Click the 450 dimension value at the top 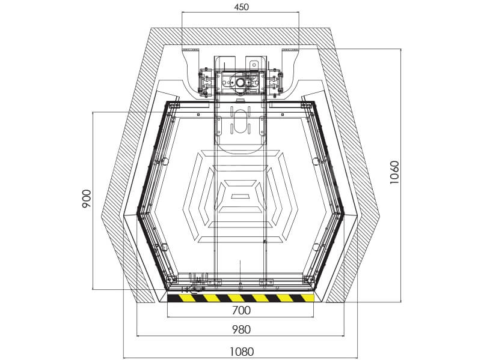[x=241, y=7]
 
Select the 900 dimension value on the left [x=87, y=199]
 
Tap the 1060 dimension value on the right [x=394, y=172]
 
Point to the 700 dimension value [x=241, y=310]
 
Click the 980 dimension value [x=241, y=329]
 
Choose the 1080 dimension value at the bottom [x=242, y=352]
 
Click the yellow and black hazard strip [x=240, y=298]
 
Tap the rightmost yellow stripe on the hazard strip [x=307, y=298]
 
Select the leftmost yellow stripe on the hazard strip [x=186, y=298]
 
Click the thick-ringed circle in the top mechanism [x=239, y=82]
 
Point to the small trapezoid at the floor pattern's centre [x=240, y=196]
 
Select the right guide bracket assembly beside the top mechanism [x=275, y=82]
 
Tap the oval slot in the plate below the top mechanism [x=240, y=122]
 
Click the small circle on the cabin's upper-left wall [x=164, y=160]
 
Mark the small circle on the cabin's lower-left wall [x=164, y=247]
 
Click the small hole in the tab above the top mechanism [x=254, y=65]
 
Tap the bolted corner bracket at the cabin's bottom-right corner [x=308, y=280]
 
